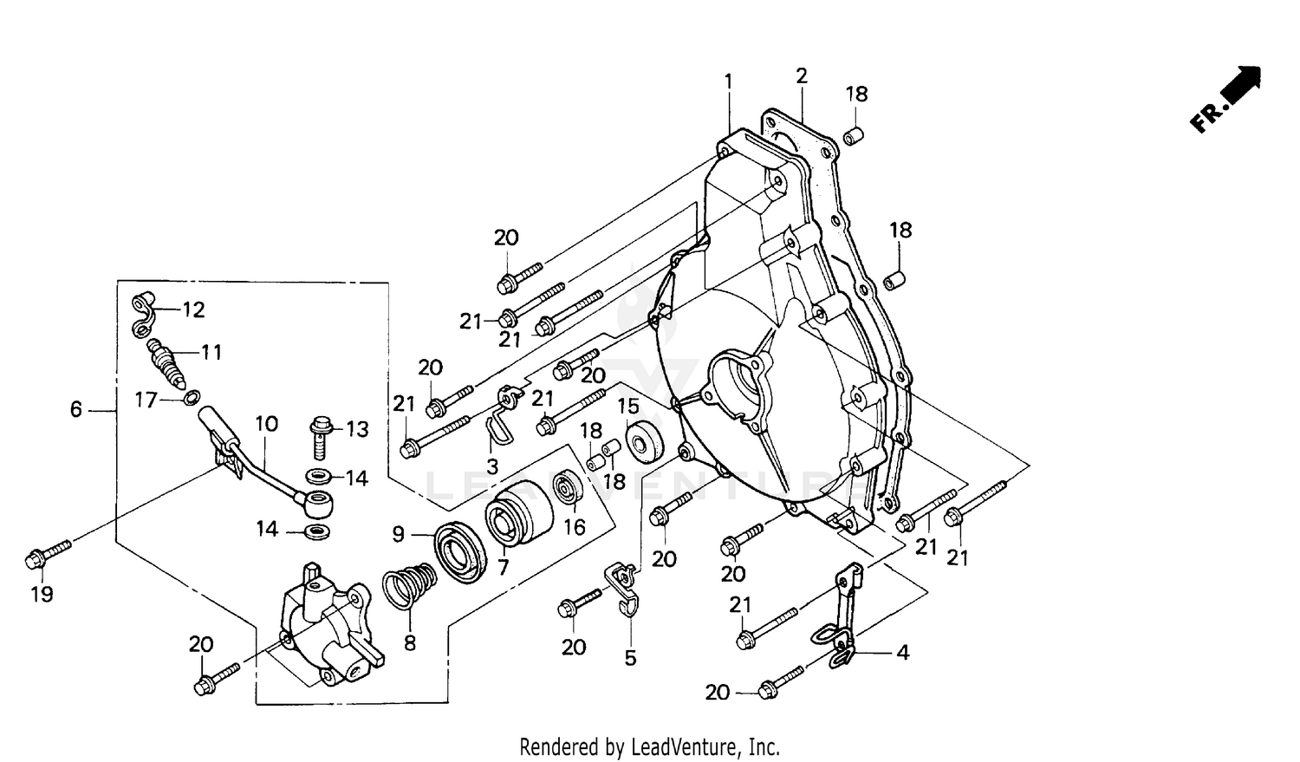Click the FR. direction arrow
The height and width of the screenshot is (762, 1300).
[1227, 100]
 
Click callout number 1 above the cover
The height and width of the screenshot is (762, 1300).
[728, 81]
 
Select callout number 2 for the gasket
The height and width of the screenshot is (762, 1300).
[802, 76]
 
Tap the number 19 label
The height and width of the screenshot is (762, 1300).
[42, 594]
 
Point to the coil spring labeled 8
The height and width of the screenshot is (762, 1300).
[409, 585]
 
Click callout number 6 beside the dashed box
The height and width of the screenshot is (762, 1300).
[76, 408]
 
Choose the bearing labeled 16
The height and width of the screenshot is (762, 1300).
[569, 489]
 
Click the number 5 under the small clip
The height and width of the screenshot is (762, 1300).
[630, 658]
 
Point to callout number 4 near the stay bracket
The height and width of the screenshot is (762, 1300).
[902, 652]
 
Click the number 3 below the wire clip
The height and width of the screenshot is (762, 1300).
[492, 467]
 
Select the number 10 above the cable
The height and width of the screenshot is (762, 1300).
[266, 424]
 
